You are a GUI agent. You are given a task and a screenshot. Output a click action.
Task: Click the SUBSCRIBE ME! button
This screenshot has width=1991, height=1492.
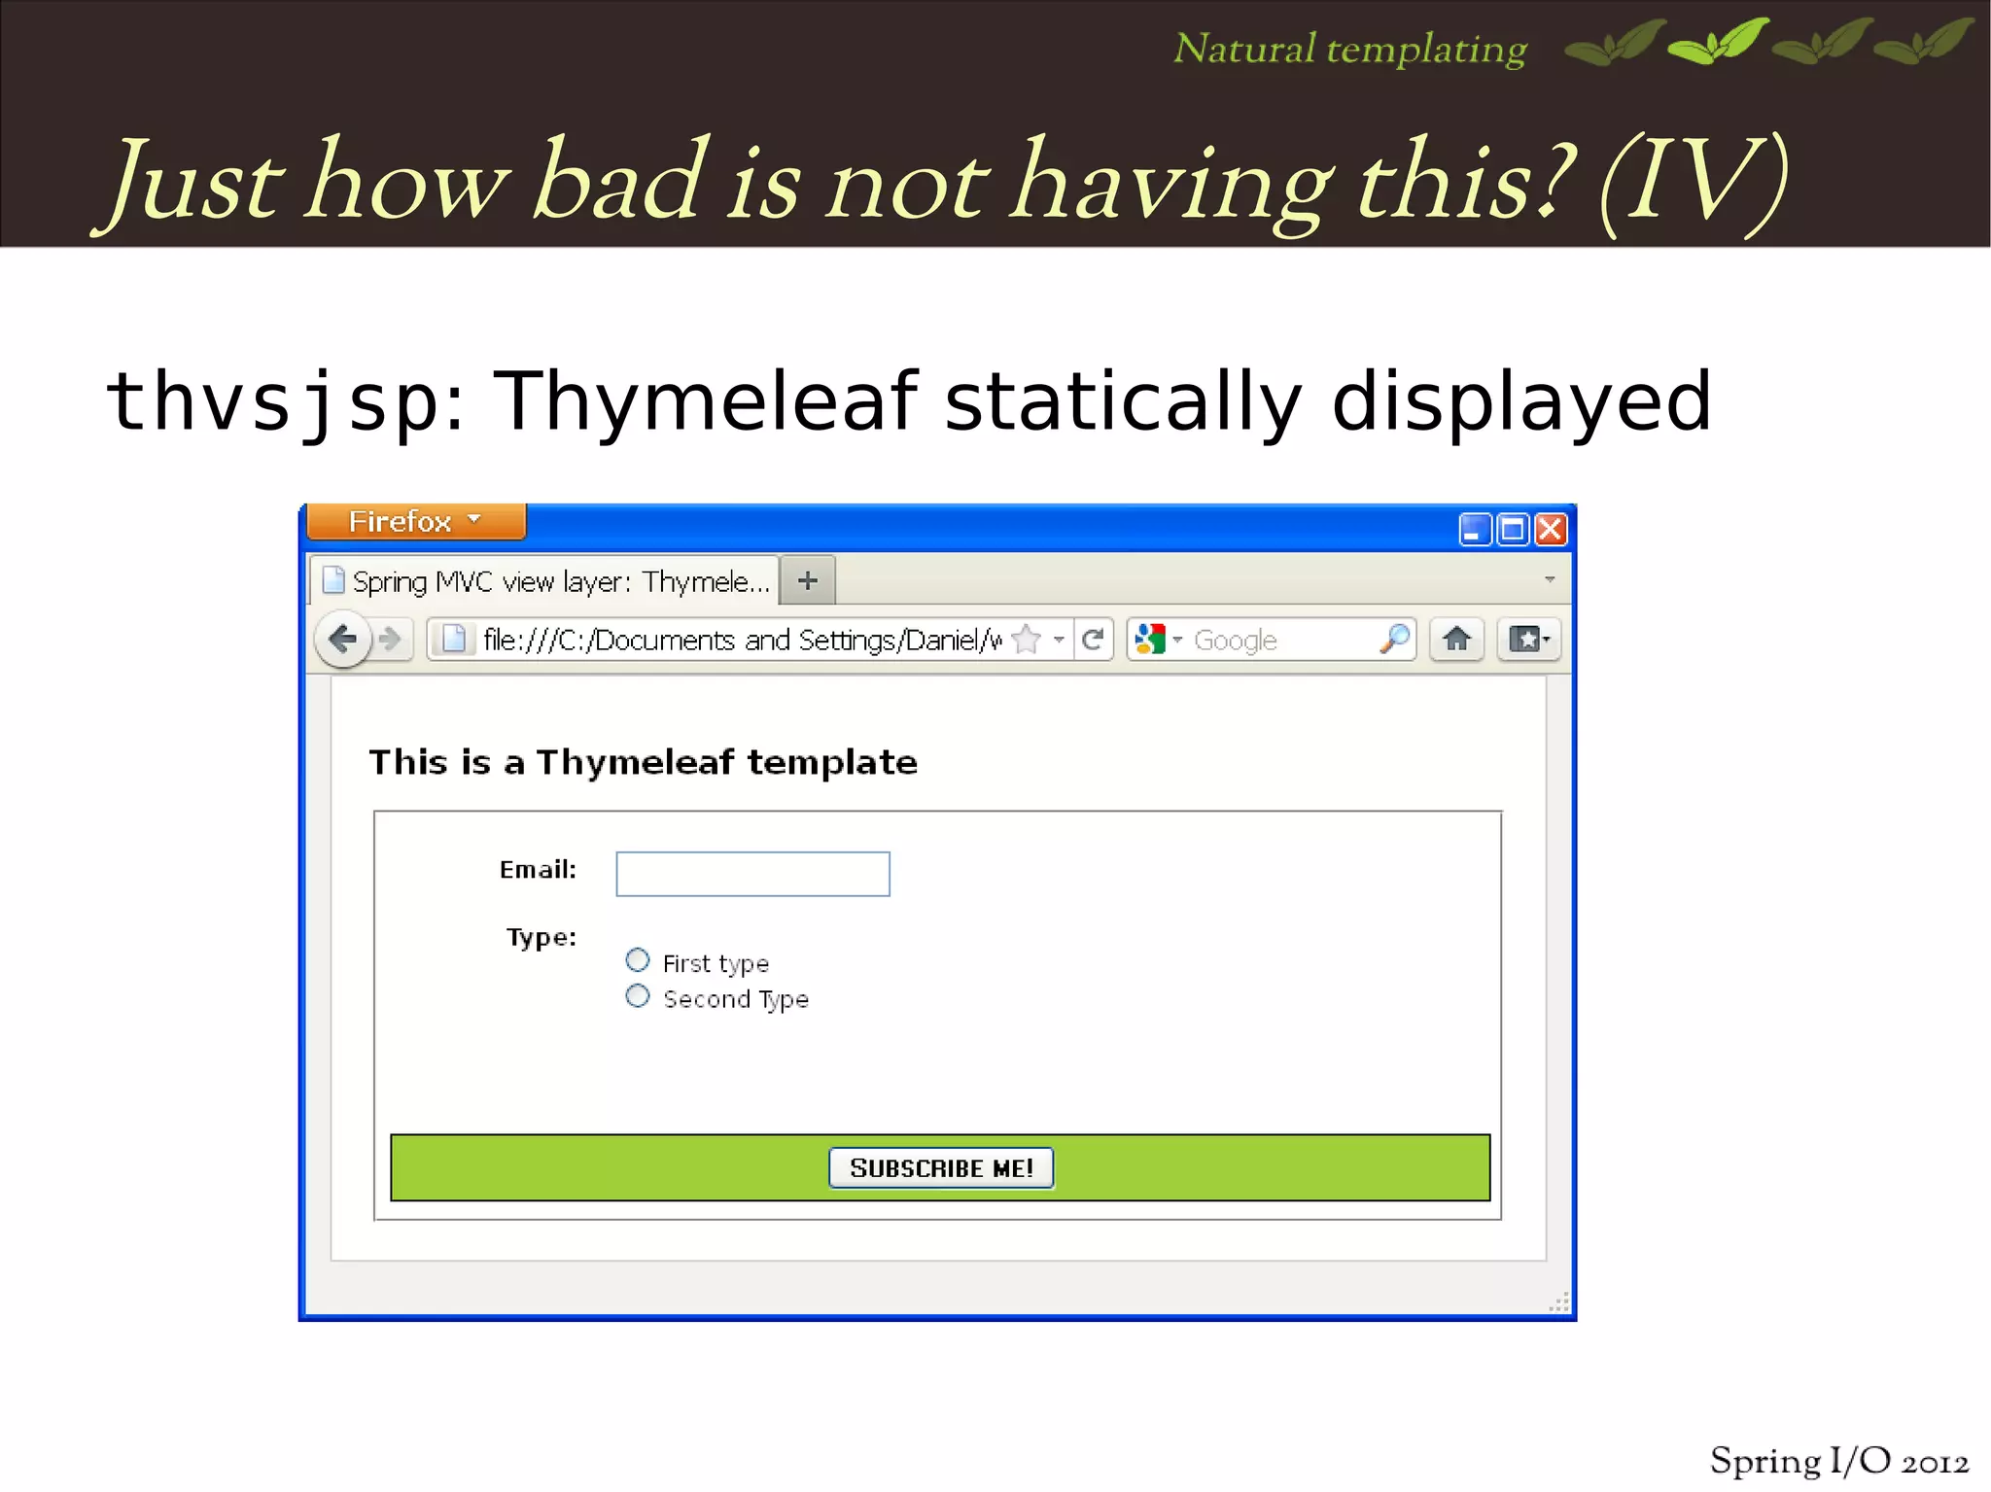tap(940, 1167)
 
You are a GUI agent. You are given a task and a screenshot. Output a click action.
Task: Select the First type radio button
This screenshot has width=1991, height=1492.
tap(638, 960)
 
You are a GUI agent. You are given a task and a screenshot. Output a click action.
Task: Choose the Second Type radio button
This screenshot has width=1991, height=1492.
tap(638, 996)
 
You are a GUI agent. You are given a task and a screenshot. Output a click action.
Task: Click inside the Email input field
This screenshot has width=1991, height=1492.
tap(752, 874)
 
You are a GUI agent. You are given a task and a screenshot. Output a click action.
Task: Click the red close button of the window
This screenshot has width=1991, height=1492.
tap(1551, 530)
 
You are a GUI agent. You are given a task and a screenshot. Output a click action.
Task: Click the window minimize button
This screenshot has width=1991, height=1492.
tap(1475, 530)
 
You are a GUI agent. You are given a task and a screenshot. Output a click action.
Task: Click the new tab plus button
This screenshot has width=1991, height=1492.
tap(807, 581)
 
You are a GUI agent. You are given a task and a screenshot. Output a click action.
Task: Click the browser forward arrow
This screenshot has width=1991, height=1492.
tap(390, 640)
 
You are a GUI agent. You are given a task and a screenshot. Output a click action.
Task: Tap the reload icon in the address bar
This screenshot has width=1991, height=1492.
tap(1093, 640)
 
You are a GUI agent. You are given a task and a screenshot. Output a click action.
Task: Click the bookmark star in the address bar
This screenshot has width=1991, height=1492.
tap(1027, 640)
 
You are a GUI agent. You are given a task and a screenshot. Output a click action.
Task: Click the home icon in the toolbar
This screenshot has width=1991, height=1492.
tap(1456, 640)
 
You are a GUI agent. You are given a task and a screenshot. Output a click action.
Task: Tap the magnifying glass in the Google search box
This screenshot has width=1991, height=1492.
tap(1394, 640)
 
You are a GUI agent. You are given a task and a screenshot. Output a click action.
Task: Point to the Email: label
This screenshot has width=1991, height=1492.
tap(538, 870)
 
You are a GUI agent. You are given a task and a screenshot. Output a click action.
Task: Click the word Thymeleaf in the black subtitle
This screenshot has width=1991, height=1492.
tap(706, 400)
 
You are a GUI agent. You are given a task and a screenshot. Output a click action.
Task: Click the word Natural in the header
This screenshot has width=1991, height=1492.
tap(1244, 49)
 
